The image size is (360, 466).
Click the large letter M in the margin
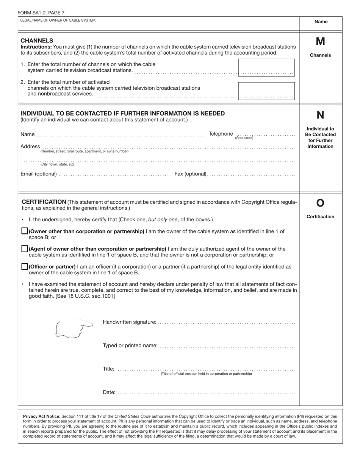point(320,41)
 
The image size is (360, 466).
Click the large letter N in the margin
point(320,115)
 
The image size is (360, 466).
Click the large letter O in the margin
point(320,203)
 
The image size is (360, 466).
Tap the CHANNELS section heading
point(37,41)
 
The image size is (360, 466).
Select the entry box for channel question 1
point(266,67)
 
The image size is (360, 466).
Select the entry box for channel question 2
point(266,91)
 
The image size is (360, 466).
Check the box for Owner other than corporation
point(25,231)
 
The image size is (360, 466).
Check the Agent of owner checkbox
point(25,249)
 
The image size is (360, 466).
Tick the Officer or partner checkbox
point(25,267)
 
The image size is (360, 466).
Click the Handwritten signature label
point(129,322)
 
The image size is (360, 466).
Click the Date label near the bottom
point(109,392)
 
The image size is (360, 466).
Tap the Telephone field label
point(221,134)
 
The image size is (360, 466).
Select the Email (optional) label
point(39,174)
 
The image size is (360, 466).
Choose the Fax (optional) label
point(190,174)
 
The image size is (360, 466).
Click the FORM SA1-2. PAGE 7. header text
point(41,13)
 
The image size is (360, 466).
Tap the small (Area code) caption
point(244,138)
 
